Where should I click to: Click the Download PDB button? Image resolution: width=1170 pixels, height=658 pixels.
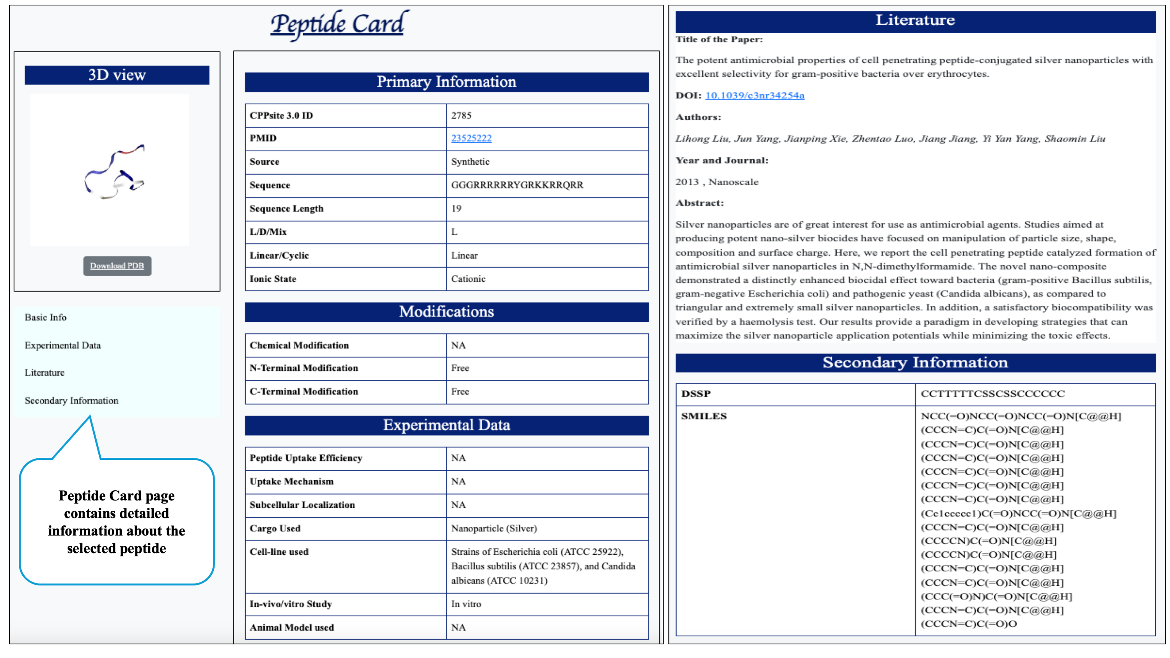pos(117,266)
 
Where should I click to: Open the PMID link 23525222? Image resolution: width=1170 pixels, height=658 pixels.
pos(471,138)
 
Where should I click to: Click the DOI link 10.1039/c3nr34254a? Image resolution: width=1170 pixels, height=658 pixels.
pos(755,95)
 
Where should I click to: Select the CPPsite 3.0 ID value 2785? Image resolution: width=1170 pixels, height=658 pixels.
pos(461,115)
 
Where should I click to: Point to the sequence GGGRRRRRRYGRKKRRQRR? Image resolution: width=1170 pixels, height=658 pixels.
pos(517,185)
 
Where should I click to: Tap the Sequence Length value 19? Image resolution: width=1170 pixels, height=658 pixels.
pos(456,208)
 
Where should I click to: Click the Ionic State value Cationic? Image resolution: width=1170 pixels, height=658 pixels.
pos(468,279)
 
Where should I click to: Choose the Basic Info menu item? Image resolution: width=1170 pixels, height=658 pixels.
pos(45,317)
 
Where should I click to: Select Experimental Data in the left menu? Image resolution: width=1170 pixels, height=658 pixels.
pos(63,345)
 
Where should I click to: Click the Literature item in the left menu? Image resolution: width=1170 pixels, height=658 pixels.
pos(44,372)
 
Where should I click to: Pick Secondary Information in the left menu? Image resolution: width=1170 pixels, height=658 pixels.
pos(71,401)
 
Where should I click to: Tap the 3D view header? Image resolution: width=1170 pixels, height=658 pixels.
pos(117,75)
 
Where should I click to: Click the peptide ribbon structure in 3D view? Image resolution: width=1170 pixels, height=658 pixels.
pos(114,172)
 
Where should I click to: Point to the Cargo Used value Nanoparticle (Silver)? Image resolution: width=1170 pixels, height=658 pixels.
pos(494,528)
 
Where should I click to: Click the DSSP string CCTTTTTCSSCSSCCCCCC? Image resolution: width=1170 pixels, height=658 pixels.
pos(992,394)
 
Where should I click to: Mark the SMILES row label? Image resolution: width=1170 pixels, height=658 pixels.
pos(703,416)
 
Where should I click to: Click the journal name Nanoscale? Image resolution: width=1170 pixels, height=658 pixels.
pos(733,182)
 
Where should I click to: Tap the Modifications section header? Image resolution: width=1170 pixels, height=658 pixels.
pos(446,312)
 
